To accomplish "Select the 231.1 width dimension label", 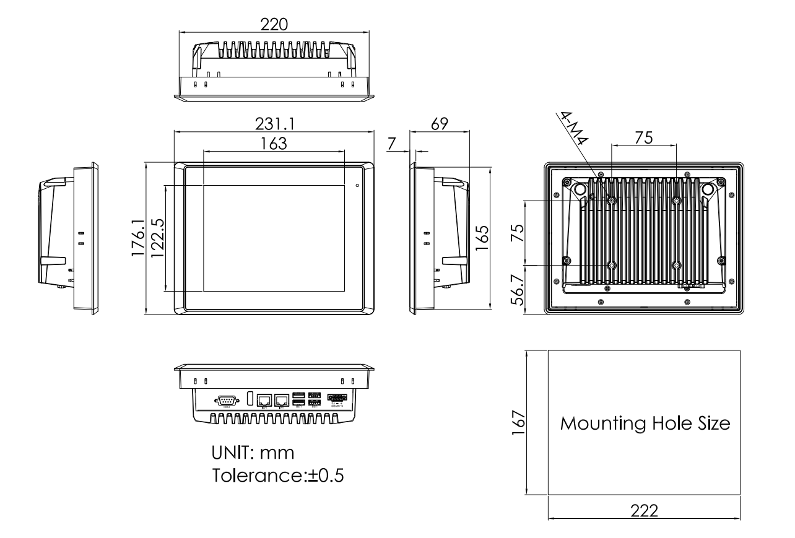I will [x=274, y=124].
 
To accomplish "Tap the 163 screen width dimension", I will [x=274, y=143].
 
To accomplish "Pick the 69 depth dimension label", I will [x=439, y=124].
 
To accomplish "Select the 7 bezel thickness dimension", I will [x=391, y=144].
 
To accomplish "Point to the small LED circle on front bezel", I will [x=357, y=184].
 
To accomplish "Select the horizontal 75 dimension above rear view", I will [x=643, y=138].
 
